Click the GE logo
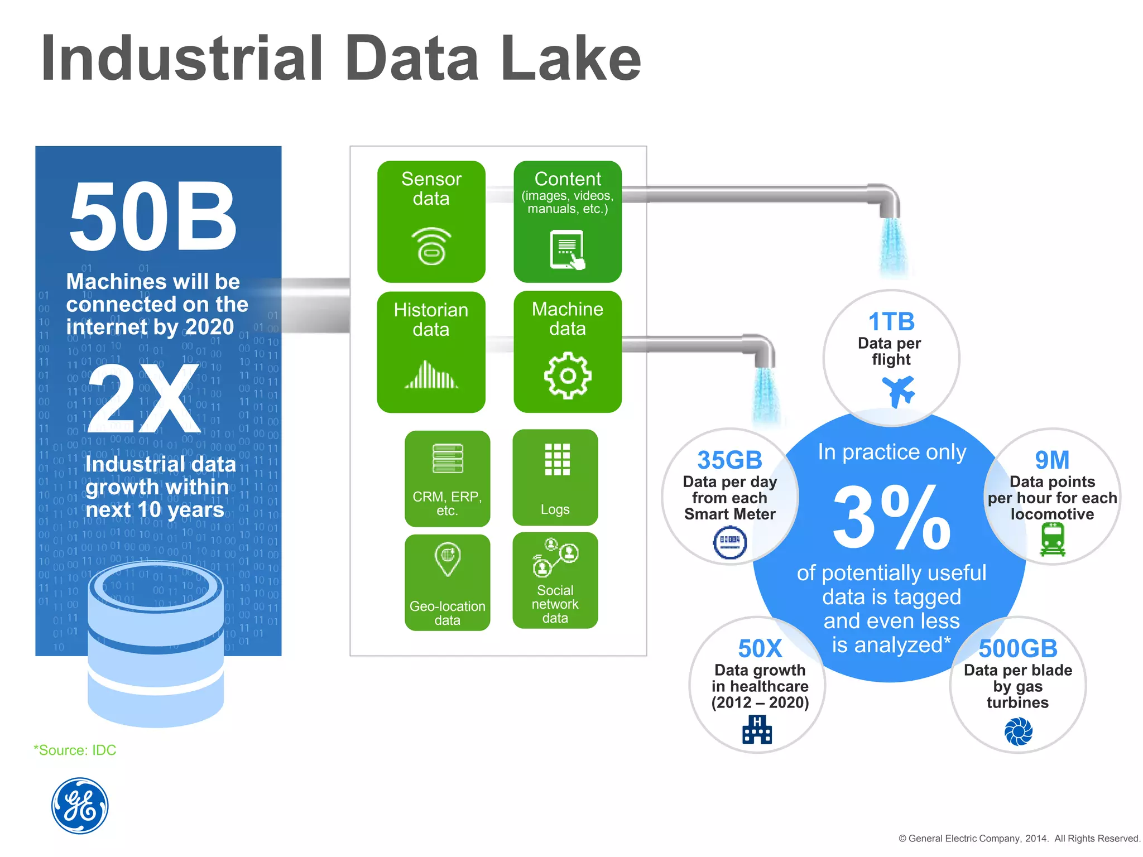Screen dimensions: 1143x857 [x=80, y=806]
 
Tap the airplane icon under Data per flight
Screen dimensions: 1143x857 [x=898, y=391]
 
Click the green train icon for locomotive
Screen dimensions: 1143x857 [x=1053, y=540]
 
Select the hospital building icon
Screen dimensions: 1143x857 [x=757, y=729]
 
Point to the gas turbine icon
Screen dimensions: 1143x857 [x=1019, y=731]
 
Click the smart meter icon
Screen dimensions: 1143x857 [x=730, y=542]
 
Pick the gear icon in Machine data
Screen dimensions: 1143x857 [x=567, y=375]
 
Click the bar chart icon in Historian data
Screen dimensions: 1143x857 [x=431, y=374]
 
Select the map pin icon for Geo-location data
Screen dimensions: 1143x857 [x=448, y=559]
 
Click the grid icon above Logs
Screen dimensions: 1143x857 [x=557, y=459]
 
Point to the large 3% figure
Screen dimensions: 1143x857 [x=891, y=517]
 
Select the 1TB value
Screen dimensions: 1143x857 [x=891, y=321]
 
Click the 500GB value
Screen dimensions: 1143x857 [x=1018, y=648]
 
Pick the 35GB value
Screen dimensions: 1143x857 [x=729, y=460]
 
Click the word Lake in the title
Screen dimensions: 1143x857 [x=570, y=59]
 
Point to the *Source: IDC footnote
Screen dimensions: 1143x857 [x=75, y=750]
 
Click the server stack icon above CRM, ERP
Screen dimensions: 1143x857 [x=448, y=458]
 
